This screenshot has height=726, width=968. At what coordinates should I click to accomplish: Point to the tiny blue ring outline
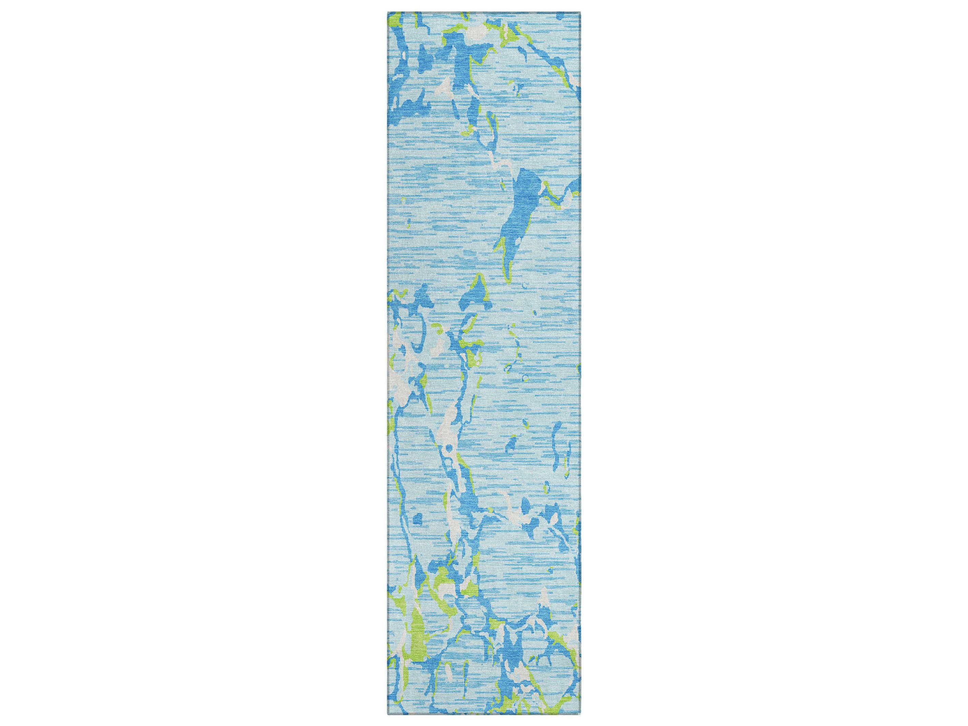[525, 377]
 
